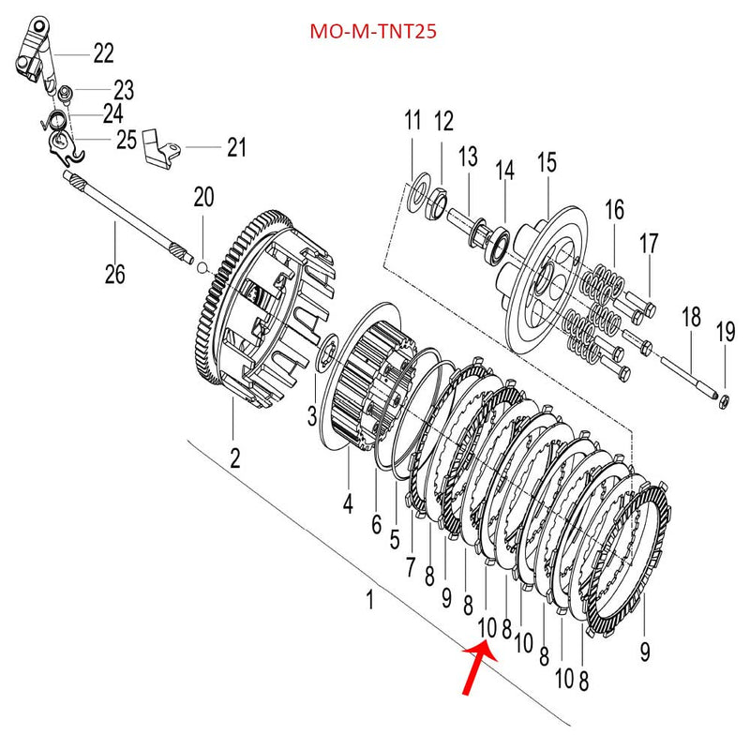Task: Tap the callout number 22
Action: (103, 53)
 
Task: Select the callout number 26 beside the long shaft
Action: (114, 275)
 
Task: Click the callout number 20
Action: (203, 198)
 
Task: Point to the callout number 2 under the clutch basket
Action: (234, 458)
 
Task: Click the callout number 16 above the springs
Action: (614, 210)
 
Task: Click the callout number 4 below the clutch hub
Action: (348, 503)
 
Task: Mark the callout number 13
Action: (468, 157)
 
